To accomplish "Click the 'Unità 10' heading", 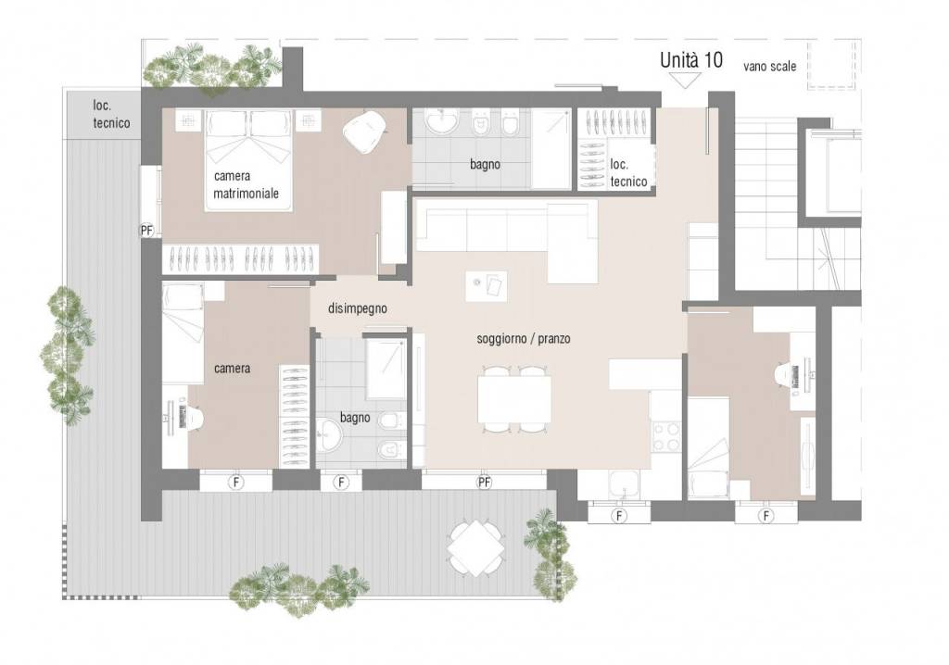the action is click(690, 60).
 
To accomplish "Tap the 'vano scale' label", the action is click(769, 67).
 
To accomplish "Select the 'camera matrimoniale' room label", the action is click(246, 184).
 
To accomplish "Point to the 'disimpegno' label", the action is click(357, 308).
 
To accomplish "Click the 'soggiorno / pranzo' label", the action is click(523, 338).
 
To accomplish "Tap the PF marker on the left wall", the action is click(146, 231).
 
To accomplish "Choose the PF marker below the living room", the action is click(484, 483).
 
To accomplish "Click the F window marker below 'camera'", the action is click(235, 483).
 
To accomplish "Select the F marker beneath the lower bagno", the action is click(341, 483).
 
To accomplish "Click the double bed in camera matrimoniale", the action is click(248, 160).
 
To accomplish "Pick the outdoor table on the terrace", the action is click(476, 549).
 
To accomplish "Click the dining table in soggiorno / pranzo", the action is click(514, 399).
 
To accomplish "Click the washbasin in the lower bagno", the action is click(330, 434).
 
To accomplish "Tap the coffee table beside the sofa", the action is click(487, 285).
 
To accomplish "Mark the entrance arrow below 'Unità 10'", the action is click(685, 81).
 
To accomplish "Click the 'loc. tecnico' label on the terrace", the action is click(111, 114).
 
